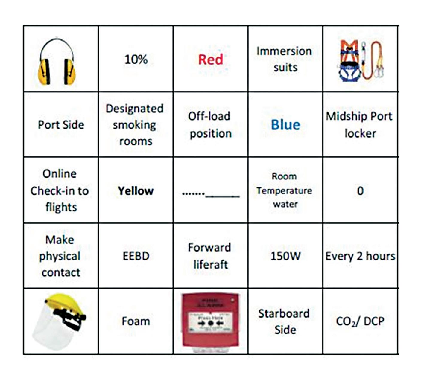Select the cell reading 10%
point(136,59)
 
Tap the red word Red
point(211,59)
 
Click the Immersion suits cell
point(285,59)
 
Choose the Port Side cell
point(61,124)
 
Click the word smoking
point(134,125)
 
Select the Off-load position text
point(210,124)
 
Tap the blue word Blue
point(285,125)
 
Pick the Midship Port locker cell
point(360,124)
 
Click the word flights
point(61,207)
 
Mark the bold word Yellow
point(136,191)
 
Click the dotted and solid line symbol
point(211,194)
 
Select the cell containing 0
point(360,191)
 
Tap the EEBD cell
point(136,256)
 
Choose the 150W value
point(285,256)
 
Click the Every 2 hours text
point(360,256)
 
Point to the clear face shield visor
point(52,329)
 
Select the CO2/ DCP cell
point(360,321)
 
